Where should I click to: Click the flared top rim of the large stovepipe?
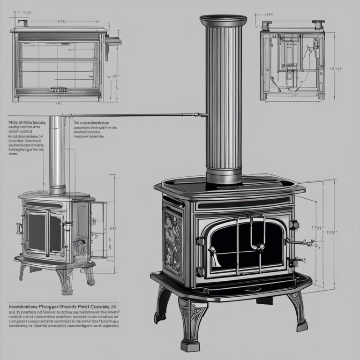(x=223, y=20)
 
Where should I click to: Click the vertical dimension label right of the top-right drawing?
(x=336, y=68)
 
